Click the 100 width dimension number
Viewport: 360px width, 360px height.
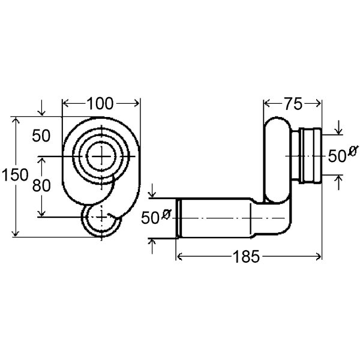pyautogui.click(x=100, y=103)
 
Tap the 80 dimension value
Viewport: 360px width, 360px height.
pyautogui.click(x=41, y=185)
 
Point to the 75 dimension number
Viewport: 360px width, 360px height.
pyautogui.click(x=293, y=103)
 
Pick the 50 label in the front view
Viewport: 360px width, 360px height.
pyautogui.click(x=41, y=136)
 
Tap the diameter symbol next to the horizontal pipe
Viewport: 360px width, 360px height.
pyautogui.click(x=166, y=213)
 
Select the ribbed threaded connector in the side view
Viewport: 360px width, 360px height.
pyautogui.click(x=309, y=155)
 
